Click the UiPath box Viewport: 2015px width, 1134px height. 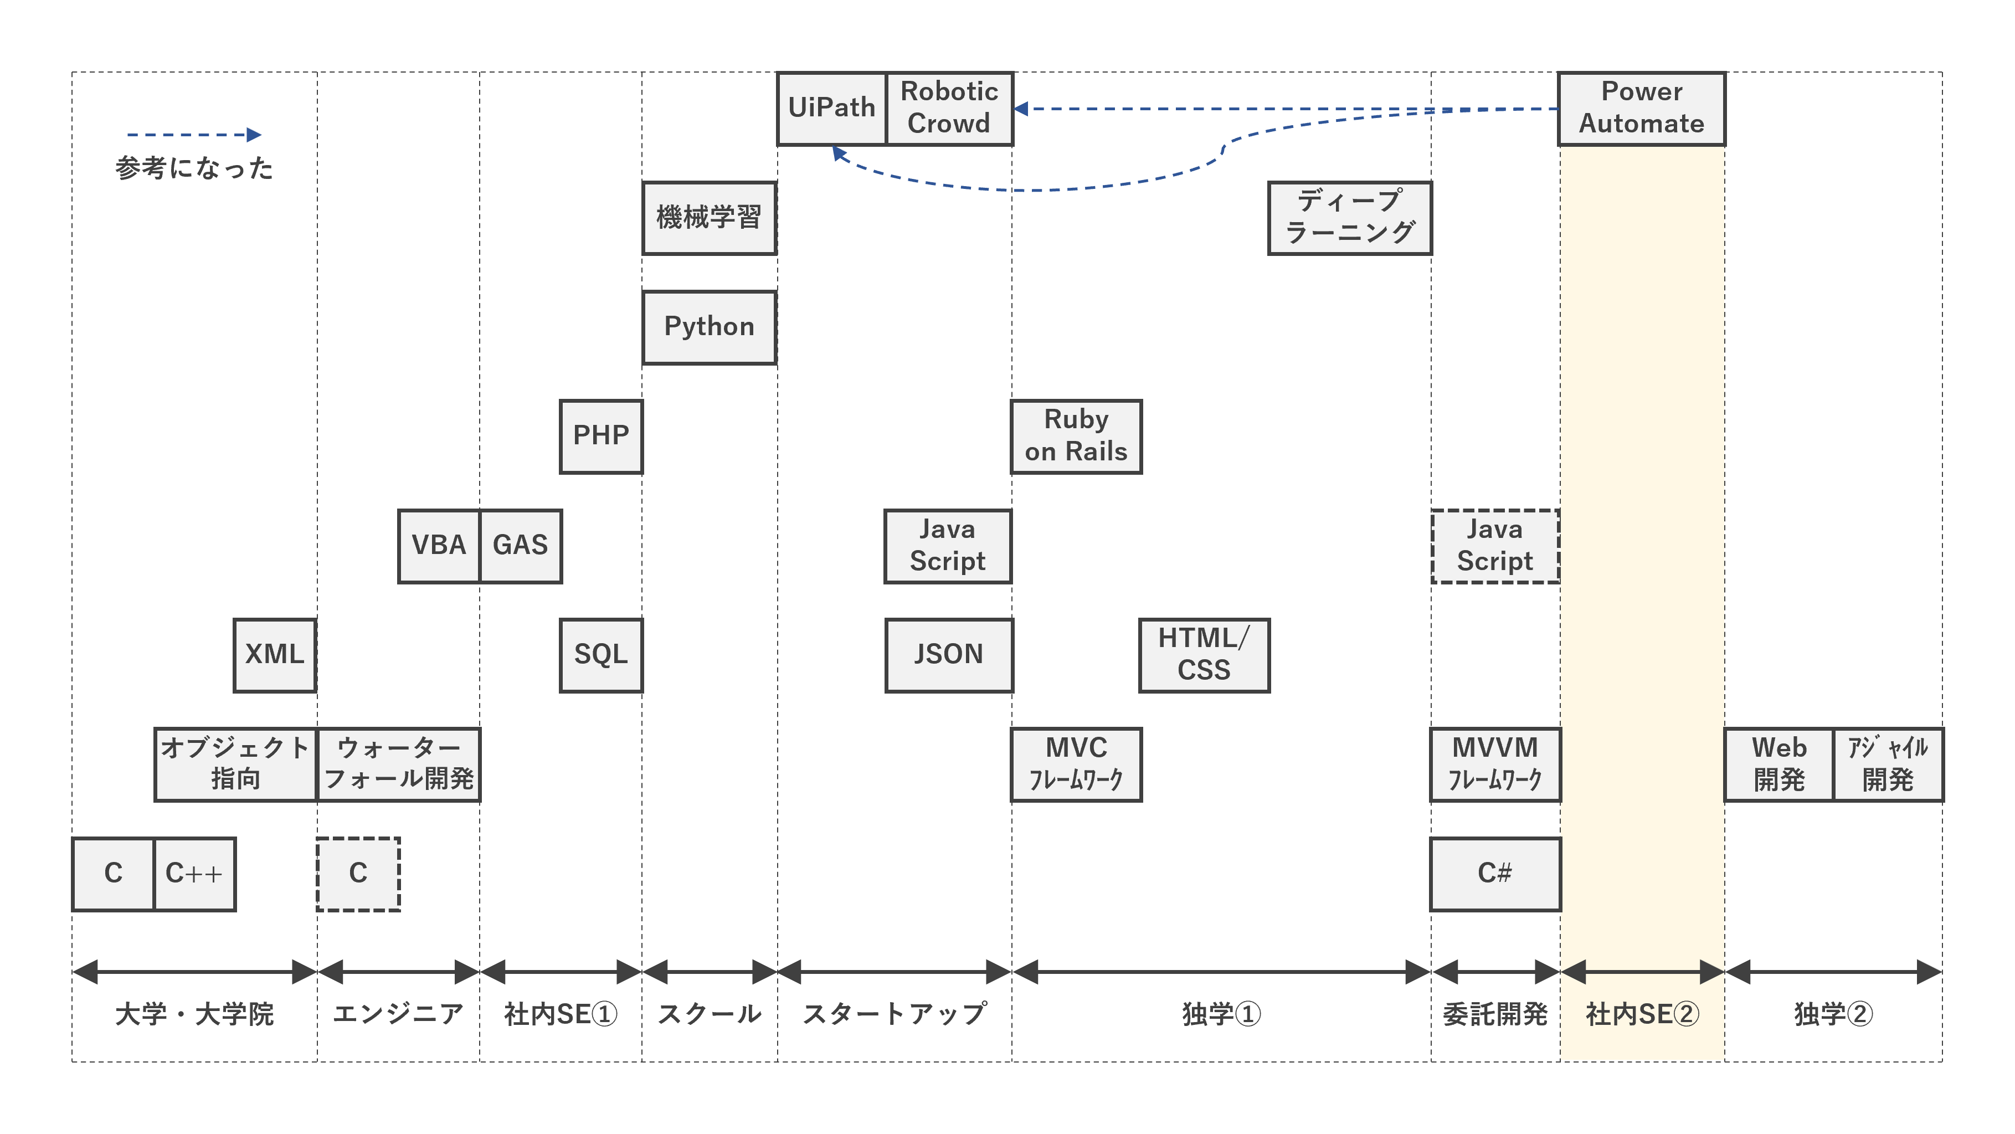pos(831,108)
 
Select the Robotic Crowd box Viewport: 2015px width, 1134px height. pos(949,108)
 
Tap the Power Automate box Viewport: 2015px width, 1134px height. pos(1641,108)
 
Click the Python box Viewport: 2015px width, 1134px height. pos(709,327)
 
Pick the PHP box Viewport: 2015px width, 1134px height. pos(601,436)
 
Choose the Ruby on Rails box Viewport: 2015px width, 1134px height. pos(1076,436)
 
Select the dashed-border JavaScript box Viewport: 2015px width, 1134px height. pos(1495,546)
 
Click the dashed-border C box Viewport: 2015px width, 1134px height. pos(358,874)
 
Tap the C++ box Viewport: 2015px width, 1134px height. pos(194,874)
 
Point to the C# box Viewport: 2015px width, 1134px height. pos(1495,874)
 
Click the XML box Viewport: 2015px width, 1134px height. pos(275,655)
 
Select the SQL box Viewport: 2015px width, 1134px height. pos(601,655)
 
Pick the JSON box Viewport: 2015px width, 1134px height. pos(949,655)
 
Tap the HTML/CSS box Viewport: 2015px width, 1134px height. pos(1204,655)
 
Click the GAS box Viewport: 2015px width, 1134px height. pos(520,546)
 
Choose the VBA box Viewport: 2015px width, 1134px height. pos(439,546)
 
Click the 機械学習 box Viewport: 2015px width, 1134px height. pos(709,218)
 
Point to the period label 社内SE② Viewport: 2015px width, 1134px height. pos(1642,1014)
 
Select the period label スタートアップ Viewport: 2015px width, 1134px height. pos(894,1014)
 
